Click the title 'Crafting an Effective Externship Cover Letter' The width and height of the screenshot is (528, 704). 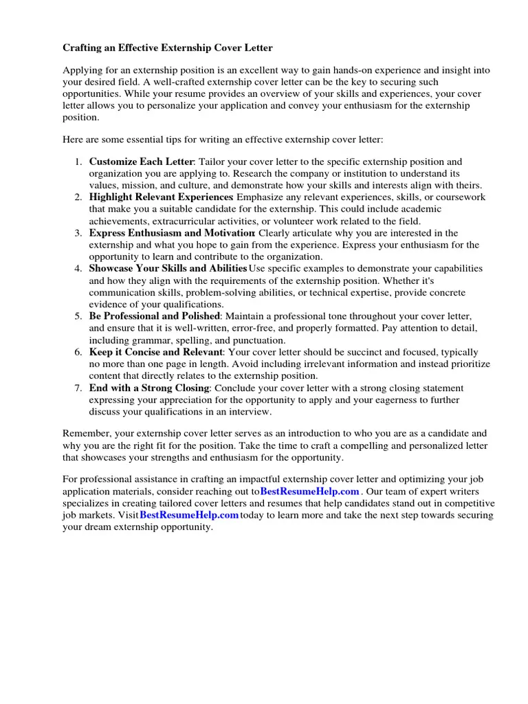[x=168, y=48]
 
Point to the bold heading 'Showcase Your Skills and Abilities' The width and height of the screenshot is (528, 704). [x=168, y=268]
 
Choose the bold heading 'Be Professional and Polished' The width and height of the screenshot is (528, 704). [x=154, y=316]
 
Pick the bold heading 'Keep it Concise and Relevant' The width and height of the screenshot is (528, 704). [x=156, y=351]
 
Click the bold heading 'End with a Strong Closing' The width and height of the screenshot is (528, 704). [x=149, y=388]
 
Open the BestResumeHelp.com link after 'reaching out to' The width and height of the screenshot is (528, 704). [x=310, y=491]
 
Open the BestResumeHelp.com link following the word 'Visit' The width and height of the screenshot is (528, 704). [x=189, y=515]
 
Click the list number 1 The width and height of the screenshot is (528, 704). [x=78, y=162]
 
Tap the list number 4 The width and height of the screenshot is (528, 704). [x=78, y=268]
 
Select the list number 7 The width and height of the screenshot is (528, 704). [x=78, y=388]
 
